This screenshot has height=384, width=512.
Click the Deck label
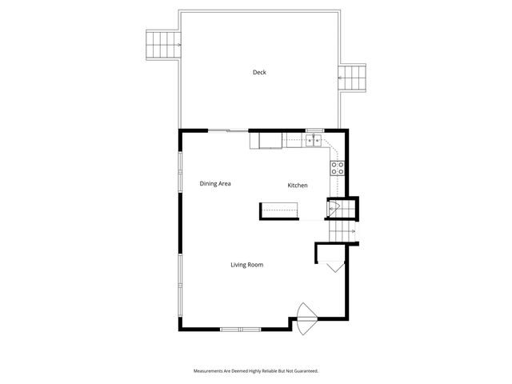tap(259, 73)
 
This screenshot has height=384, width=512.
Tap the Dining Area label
tap(215, 184)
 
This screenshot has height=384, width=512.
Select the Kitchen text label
tap(298, 186)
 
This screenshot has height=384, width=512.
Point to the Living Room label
tap(247, 265)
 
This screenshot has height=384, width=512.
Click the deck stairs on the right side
tap(354, 78)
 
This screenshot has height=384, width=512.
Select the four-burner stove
tap(338, 168)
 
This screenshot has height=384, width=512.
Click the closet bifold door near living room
tap(335, 266)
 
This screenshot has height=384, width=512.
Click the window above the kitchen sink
tap(314, 130)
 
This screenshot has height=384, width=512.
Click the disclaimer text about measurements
tap(256, 371)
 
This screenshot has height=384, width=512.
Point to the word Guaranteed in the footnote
tap(304, 371)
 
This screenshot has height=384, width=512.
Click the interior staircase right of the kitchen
tap(342, 229)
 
